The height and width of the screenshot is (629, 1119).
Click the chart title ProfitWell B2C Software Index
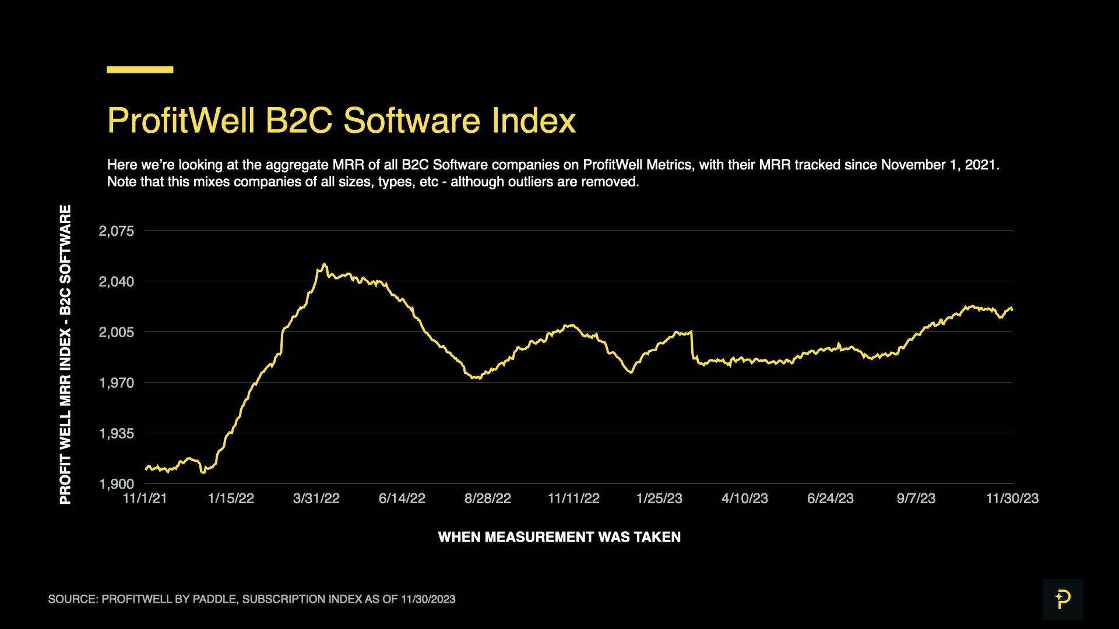[341, 121]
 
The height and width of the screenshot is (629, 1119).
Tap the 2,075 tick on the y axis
[117, 231]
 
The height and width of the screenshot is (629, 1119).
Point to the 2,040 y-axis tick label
[117, 282]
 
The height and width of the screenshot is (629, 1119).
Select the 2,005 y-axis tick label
[117, 333]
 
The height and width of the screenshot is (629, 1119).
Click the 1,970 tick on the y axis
[117, 383]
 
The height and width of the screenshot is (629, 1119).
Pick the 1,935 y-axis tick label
[117, 434]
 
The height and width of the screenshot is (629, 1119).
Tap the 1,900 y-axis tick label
[117, 484]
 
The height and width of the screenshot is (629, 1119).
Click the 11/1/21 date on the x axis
[145, 499]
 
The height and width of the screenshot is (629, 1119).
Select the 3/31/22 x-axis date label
[316, 499]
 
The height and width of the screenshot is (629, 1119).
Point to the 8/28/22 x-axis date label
[488, 499]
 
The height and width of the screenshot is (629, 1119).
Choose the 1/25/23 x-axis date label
[659, 499]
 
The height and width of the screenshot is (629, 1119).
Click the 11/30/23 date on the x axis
[1012, 499]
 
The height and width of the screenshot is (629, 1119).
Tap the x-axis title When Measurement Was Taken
[559, 537]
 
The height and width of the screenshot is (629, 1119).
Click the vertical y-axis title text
[65, 355]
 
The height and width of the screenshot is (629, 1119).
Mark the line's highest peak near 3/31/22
[325, 264]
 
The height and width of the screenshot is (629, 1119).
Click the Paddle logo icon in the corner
[1062, 599]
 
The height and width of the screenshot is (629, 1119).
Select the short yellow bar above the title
[140, 70]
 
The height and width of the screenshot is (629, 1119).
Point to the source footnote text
[252, 599]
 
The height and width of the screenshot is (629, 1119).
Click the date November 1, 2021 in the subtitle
[940, 165]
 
